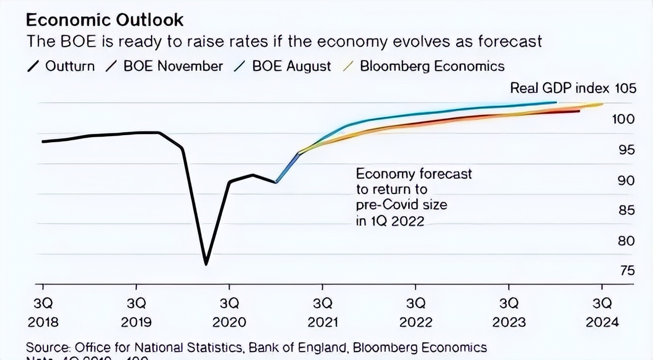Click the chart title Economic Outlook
click(105, 20)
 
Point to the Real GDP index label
click(560, 88)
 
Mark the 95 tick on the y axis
click(626, 150)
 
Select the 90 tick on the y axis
click(626, 181)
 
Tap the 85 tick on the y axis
click(626, 210)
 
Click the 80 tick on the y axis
click(626, 241)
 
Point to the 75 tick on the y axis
click(626, 270)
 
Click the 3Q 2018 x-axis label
click(43, 313)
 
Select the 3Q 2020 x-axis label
click(229, 313)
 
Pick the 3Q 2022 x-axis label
click(416, 313)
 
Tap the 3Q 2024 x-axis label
click(602, 313)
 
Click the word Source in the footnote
click(47, 348)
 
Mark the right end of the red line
click(579, 111)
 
